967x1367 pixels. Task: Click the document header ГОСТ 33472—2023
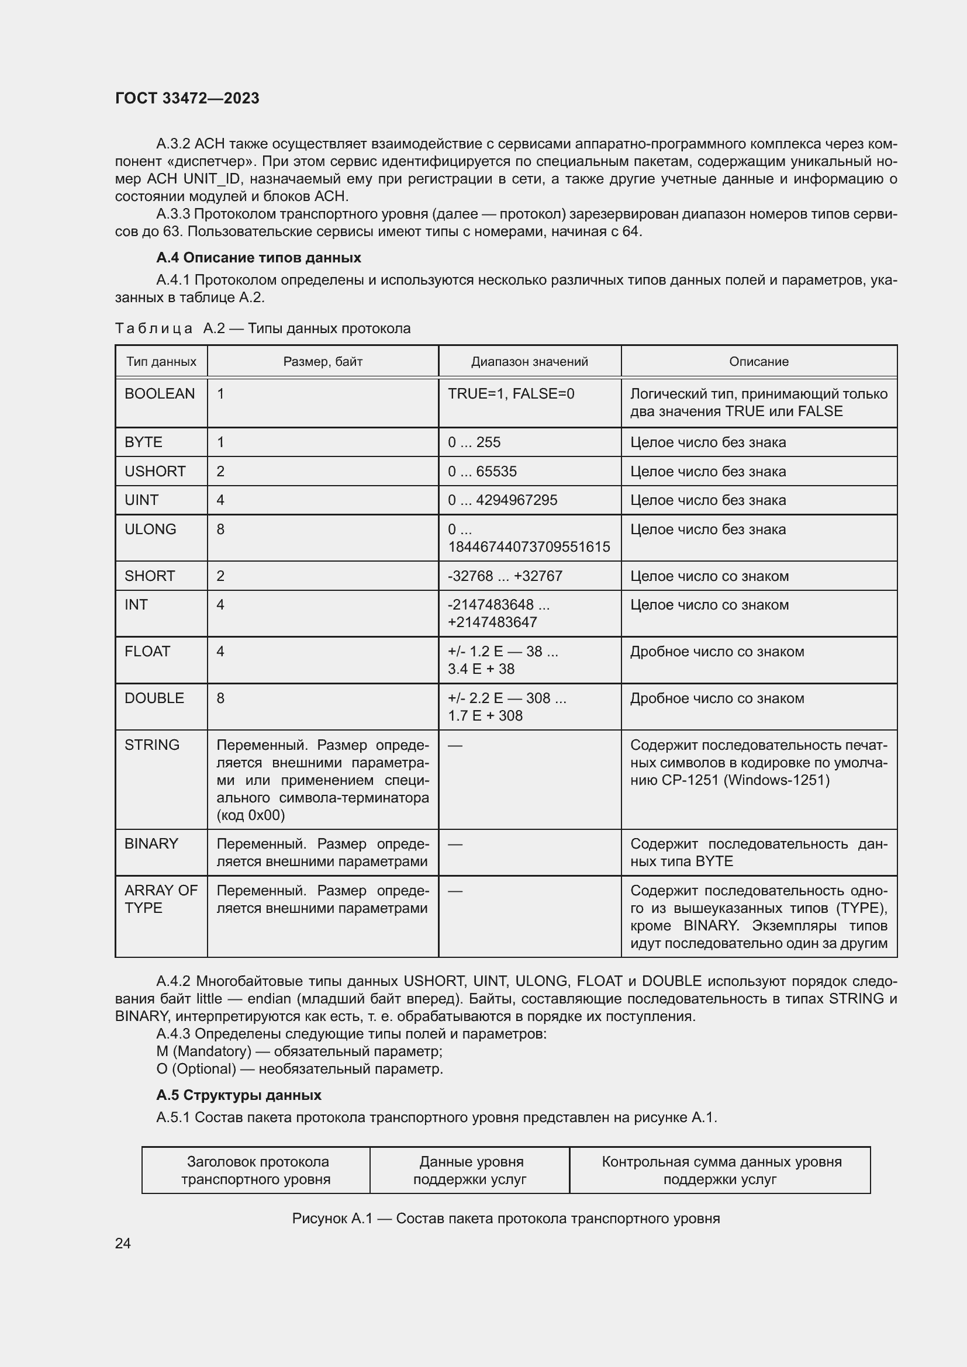point(187,98)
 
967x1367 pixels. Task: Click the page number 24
point(123,1243)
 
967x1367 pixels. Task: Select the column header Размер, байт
point(323,361)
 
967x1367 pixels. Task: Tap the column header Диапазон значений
point(529,361)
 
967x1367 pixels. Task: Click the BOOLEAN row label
point(160,393)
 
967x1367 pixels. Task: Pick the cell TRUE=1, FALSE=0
point(511,393)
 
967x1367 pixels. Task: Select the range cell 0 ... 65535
point(482,472)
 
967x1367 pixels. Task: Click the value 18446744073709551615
point(529,546)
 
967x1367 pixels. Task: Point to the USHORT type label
point(155,472)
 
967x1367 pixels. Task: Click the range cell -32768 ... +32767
point(505,576)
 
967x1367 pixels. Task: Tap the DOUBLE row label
point(154,698)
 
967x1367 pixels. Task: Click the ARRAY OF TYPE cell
point(161,899)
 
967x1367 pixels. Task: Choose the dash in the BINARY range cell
point(455,844)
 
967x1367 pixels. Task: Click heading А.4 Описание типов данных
point(258,258)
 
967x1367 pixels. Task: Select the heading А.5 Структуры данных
point(239,1095)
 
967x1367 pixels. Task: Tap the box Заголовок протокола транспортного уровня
point(256,1171)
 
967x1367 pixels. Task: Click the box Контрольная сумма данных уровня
point(720,1171)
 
